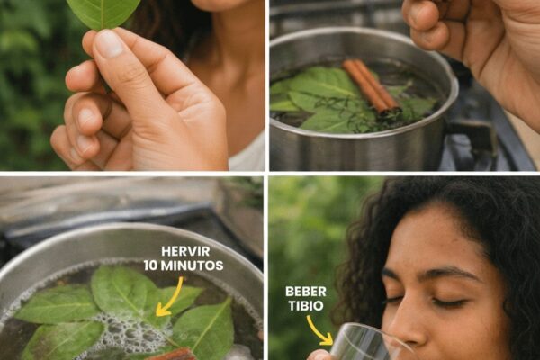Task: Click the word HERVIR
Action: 185,251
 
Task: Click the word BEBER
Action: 306,292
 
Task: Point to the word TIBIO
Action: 306,306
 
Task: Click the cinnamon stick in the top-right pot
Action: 371,85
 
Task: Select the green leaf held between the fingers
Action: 103,13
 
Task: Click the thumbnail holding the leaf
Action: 109,43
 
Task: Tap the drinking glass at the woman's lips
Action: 365,343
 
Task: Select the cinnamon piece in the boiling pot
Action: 170,354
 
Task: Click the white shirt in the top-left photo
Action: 248,153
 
